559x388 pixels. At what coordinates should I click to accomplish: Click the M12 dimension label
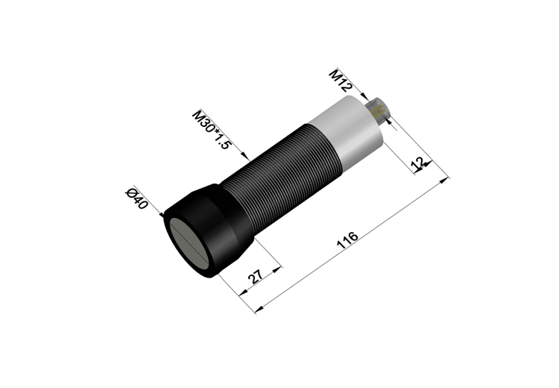[x=341, y=81]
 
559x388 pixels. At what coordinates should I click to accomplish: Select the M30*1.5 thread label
[x=212, y=130]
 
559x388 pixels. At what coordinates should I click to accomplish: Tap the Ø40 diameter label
[x=136, y=198]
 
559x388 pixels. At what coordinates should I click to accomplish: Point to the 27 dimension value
[x=255, y=276]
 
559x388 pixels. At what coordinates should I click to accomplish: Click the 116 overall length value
[x=347, y=240]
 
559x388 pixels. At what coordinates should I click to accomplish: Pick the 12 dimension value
[x=418, y=163]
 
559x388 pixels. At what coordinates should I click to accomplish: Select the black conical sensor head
[x=209, y=231]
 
